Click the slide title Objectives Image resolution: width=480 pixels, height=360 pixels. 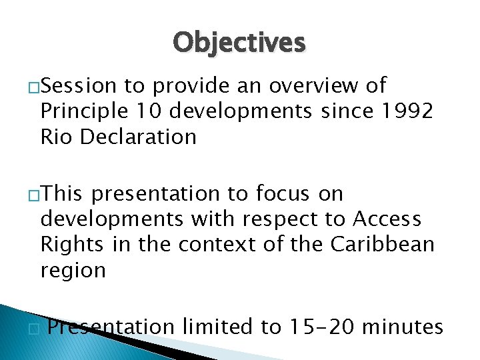[x=239, y=43]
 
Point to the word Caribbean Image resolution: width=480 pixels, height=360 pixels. [x=382, y=245]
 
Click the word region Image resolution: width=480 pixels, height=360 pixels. [x=73, y=271]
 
